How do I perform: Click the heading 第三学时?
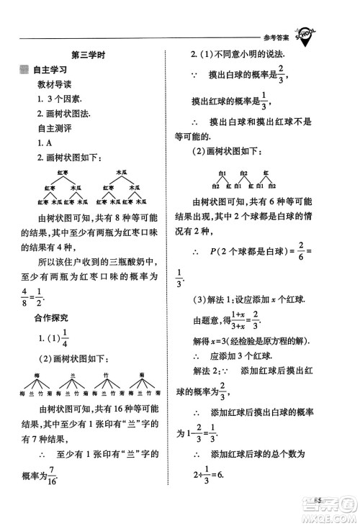coord(89,55)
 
